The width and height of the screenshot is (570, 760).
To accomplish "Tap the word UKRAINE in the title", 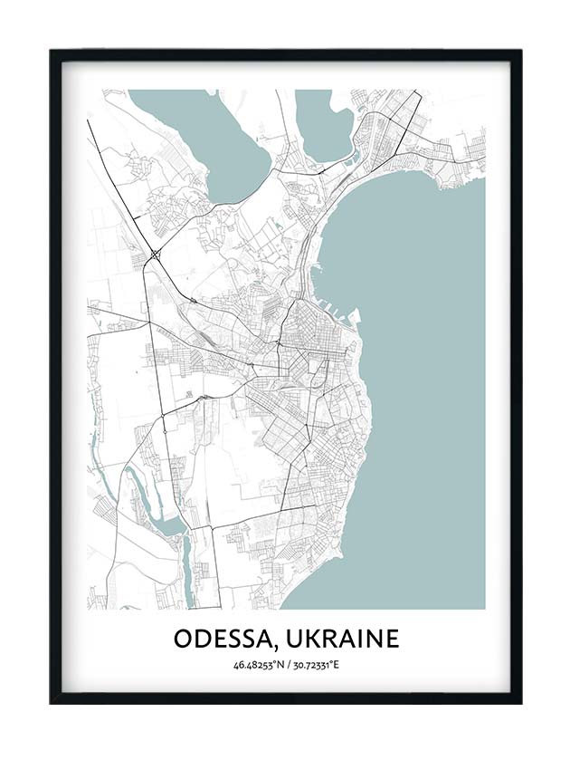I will [x=342, y=639].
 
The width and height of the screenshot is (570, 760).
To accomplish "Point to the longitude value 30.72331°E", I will [x=313, y=666].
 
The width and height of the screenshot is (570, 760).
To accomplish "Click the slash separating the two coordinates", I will [x=286, y=666].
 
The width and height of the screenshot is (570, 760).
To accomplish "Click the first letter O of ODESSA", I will [x=183, y=639].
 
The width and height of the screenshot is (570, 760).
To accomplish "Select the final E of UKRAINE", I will [x=391, y=639].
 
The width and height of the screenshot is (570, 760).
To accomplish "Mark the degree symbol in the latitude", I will [x=273, y=663].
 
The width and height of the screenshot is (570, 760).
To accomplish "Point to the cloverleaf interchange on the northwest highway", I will [x=157, y=255].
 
